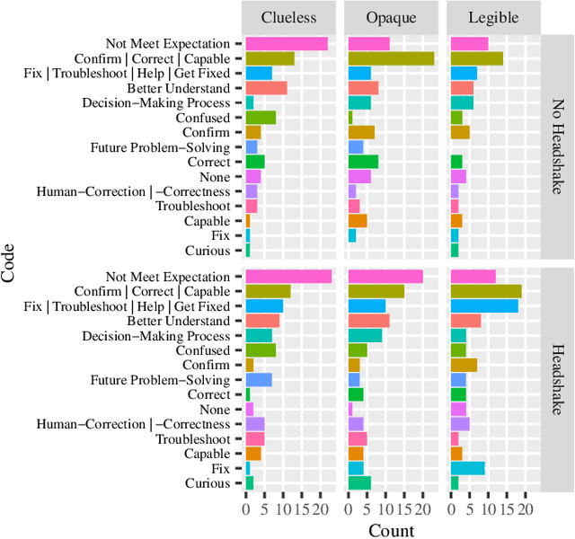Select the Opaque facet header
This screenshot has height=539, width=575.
392,17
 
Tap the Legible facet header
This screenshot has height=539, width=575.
493,17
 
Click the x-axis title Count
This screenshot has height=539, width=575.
391,530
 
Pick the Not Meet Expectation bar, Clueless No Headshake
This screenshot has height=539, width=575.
287,43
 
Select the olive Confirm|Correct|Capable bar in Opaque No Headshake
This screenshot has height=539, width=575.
391,58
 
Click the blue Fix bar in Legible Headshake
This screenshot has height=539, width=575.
467,468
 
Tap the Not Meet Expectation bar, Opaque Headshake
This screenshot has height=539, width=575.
385,277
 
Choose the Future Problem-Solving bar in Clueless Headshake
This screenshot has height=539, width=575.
259,380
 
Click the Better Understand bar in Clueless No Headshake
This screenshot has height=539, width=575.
266,88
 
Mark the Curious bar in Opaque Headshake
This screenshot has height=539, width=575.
359,483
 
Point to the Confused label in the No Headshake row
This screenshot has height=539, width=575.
203,118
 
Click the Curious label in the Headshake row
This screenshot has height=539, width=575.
208,483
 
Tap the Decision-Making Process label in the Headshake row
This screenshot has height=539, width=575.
156,336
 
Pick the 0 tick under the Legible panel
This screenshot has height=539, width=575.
451,508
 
